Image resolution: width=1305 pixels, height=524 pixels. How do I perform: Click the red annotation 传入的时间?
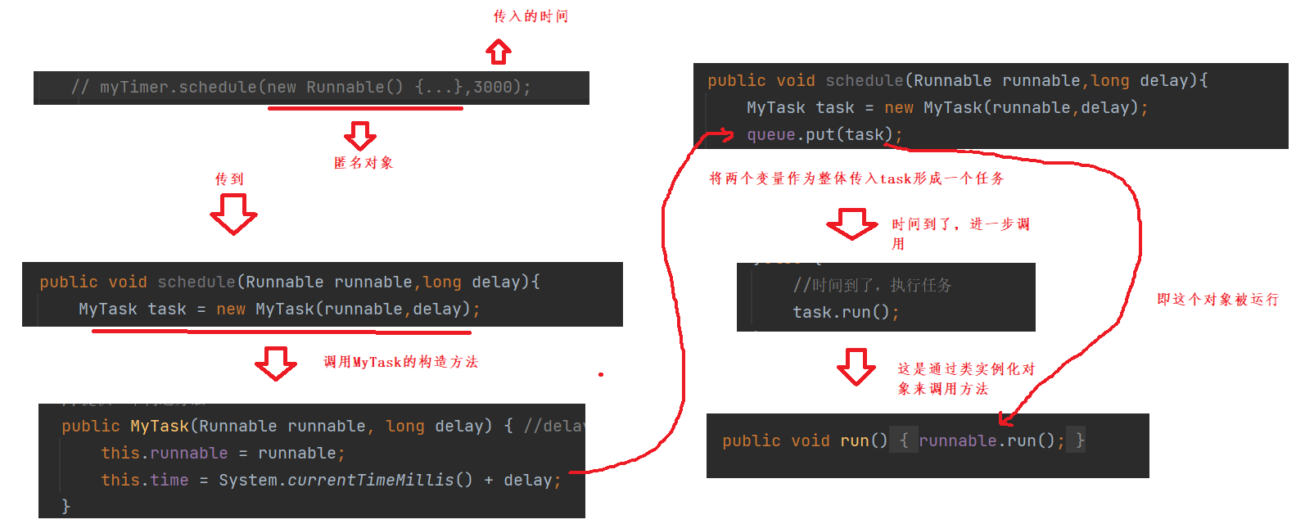(531, 16)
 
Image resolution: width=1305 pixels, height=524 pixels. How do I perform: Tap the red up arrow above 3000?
(499, 52)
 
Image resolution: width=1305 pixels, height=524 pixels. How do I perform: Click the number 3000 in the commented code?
(493, 87)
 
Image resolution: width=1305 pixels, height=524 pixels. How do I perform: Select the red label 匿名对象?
(364, 163)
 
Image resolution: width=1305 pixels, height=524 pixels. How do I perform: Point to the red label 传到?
(229, 179)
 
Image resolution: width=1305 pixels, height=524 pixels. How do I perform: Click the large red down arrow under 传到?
(233, 214)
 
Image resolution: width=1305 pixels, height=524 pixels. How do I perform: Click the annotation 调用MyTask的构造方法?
(400, 362)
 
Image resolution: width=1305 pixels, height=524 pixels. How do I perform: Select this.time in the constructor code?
(145, 480)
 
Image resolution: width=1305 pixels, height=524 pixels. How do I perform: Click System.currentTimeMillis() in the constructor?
(345, 480)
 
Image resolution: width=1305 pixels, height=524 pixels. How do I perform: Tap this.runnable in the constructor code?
(164, 453)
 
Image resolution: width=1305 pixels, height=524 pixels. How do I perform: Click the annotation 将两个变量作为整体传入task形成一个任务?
(856, 178)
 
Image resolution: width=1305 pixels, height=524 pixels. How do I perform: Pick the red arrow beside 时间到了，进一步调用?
(851, 224)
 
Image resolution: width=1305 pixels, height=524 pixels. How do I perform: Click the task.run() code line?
(845, 312)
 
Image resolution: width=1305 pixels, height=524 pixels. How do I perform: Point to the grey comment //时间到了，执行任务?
(872, 285)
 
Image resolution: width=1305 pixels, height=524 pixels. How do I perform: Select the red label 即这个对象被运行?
(1217, 300)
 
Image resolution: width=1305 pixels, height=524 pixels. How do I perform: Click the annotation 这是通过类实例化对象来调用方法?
(966, 378)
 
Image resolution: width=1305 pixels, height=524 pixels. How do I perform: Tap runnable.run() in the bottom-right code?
(987, 440)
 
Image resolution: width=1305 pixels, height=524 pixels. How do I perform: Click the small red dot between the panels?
(601, 374)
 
